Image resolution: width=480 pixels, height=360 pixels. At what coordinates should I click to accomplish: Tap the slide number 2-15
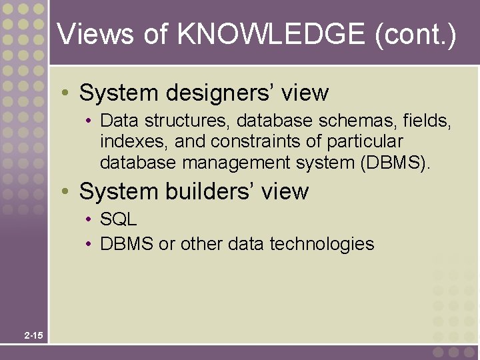point(33,335)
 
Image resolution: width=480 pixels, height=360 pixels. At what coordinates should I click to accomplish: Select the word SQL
point(118,219)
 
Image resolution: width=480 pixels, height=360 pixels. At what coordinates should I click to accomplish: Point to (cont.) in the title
point(415,34)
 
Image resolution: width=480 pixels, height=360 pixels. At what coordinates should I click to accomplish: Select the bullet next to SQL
point(89,220)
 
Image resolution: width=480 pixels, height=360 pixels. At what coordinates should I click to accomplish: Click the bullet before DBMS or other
point(89,245)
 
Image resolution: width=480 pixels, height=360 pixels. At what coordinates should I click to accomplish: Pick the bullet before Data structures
point(89,122)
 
